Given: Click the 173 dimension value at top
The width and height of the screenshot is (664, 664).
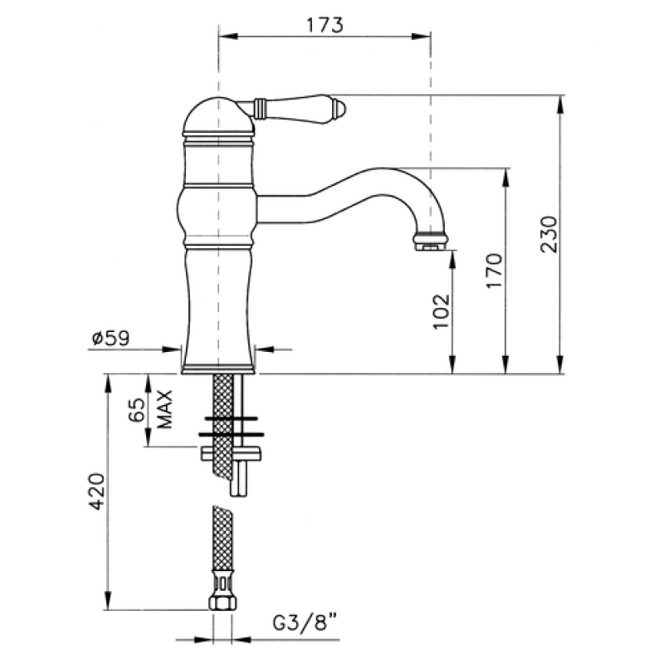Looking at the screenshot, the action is (325, 26).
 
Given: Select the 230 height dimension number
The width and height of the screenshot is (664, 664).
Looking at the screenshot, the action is (549, 234).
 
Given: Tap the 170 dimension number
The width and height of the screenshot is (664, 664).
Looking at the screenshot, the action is (494, 271).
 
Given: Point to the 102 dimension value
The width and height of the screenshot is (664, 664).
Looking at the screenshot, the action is (441, 310).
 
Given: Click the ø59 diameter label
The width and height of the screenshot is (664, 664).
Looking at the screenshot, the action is (111, 339).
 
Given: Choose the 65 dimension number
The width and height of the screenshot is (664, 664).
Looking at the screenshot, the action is (137, 409).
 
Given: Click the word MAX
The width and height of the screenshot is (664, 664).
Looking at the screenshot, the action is (164, 409).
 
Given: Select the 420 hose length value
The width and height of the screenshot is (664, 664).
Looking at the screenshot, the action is (97, 491).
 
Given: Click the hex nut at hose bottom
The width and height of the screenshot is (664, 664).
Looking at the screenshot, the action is (222, 603).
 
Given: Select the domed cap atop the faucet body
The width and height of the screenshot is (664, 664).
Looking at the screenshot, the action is (218, 115).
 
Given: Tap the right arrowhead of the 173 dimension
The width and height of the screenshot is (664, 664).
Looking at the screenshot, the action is (422, 37).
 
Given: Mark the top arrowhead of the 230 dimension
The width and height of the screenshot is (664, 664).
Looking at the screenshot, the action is (560, 105).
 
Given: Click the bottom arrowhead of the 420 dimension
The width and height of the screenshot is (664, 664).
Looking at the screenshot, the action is (108, 600).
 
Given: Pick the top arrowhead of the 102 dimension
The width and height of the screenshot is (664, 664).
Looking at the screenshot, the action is (452, 260).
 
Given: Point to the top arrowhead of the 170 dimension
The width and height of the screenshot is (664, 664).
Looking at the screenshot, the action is (505, 178).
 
